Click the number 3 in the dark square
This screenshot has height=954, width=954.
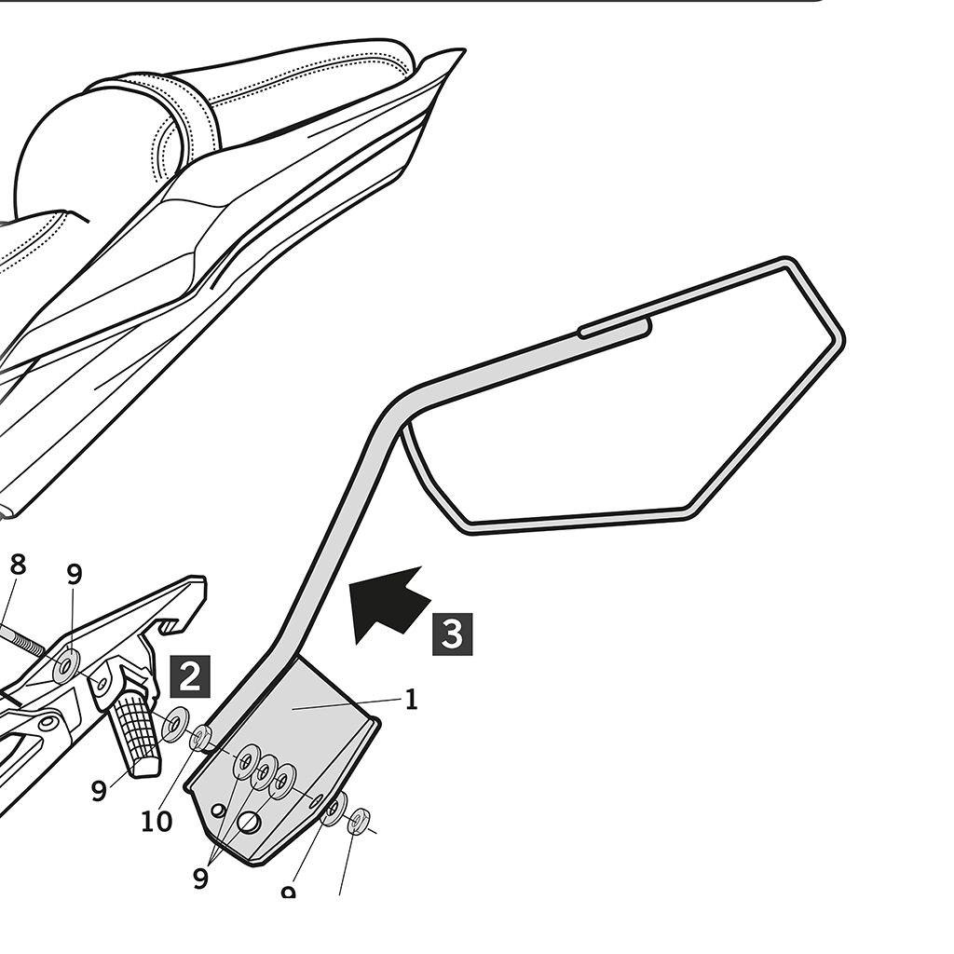(452, 634)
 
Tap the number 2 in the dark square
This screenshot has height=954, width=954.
(189, 676)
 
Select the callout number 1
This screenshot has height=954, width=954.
(411, 700)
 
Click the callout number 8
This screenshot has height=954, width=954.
(17, 566)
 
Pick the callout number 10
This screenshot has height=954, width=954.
(157, 822)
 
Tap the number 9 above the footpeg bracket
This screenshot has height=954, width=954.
(75, 573)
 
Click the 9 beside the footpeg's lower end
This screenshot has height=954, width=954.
(99, 791)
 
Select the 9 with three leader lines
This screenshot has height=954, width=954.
(200, 878)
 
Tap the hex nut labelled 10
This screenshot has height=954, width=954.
(201, 740)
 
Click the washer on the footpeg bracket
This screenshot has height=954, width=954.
(66, 665)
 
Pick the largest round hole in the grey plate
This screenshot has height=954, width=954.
(249, 822)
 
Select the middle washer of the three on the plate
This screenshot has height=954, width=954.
(266, 770)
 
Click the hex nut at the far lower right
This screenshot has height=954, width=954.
(358, 823)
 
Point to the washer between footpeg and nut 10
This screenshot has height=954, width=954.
(173, 724)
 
